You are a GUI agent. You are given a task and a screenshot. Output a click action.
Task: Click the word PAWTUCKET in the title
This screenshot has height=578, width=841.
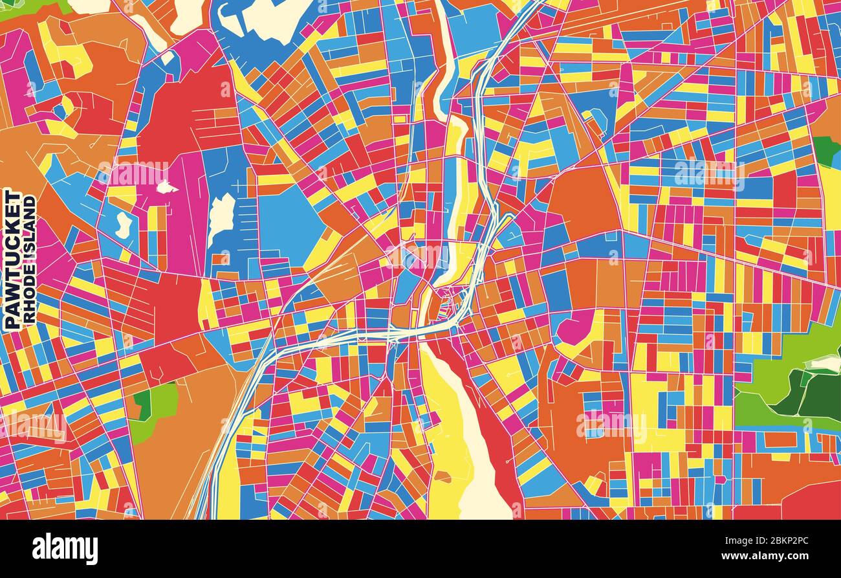point(11,259)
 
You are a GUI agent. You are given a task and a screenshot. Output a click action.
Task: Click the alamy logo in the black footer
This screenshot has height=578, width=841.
point(65,549)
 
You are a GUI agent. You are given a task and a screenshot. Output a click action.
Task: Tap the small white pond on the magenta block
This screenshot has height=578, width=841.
point(166,188)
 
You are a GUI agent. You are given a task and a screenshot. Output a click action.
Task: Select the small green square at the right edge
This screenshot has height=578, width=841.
point(825,150)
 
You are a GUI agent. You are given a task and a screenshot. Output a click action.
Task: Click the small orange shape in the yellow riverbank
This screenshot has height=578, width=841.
point(442,477)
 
